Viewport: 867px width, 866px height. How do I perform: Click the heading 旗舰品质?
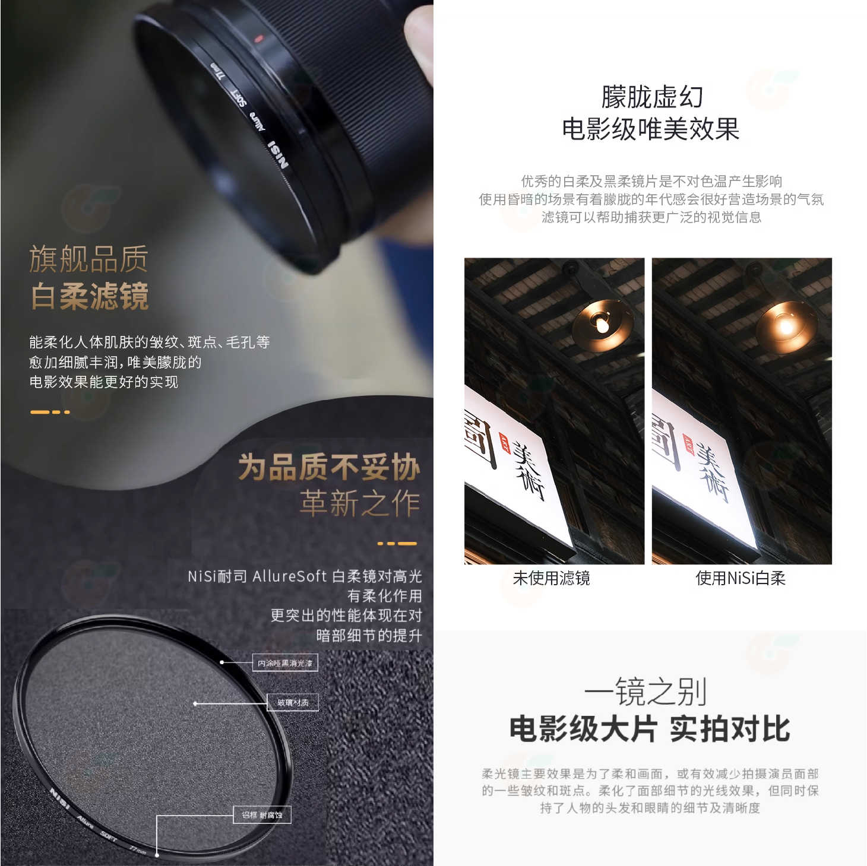pos(89,259)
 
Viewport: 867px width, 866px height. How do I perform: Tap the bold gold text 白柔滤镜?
pos(89,296)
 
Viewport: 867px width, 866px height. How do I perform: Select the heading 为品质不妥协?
pos(329,467)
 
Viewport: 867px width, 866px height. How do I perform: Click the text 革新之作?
pos(360,503)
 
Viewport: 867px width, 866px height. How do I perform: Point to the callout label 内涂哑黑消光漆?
pos(285,663)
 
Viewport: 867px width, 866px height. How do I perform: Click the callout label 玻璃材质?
pos(293,703)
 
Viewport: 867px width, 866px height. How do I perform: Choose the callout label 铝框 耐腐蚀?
pos(262,815)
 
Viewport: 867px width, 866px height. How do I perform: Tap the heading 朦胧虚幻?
pos(651,97)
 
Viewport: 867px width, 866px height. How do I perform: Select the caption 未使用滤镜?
pos(551,578)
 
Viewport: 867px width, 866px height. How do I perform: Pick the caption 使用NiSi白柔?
pos(741,578)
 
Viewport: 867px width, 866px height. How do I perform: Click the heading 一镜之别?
pos(645,691)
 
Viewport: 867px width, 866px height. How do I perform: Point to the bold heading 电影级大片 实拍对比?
pos(650,729)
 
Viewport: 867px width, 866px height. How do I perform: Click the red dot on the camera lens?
pos(258,39)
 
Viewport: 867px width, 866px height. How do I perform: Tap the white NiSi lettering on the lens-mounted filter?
pos(278,154)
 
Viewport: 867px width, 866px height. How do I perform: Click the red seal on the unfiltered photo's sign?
pos(505,442)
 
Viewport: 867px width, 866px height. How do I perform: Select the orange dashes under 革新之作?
pos(397,543)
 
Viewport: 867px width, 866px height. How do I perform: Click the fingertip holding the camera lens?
pos(419,42)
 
